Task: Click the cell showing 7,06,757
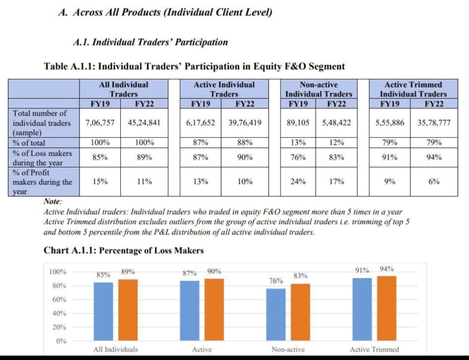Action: [x=100, y=123]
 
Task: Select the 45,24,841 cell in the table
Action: [x=144, y=123]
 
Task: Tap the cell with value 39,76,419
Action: [x=245, y=123]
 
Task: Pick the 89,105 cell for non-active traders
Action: [x=298, y=123]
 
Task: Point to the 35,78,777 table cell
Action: [x=434, y=123]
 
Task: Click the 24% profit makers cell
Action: [x=298, y=181]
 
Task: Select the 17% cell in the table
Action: [x=336, y=181]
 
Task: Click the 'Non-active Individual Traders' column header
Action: [x=318, y=89]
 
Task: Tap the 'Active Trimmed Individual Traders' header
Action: [x=413, y=89]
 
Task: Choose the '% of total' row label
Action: [x=29, y=143]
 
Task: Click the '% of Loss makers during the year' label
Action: [x=42, y=158]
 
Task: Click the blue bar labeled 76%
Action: [x=276, y=314]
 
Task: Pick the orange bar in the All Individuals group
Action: [x=128, y=310]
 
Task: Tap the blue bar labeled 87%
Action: [x=189, y=311]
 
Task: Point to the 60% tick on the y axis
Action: [x=59, y=300]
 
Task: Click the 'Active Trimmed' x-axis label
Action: [x=374, y=349]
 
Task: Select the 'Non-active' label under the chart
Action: [x=288, y=349]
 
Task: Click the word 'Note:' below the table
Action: [x=53, y=201]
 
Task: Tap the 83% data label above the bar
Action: [x=300, y=276]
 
